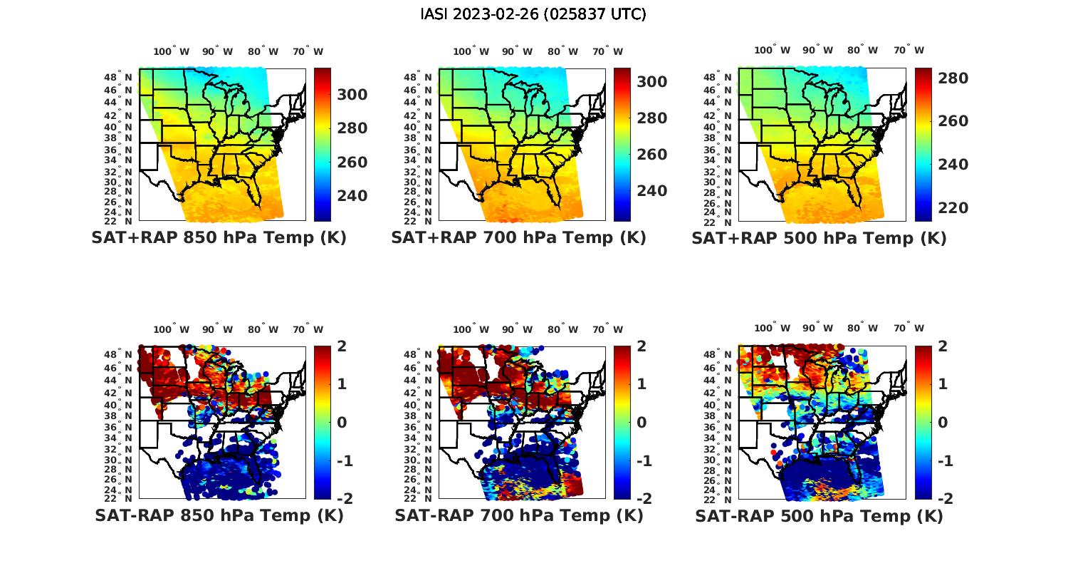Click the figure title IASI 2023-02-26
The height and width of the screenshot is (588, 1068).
(x=533, y=14)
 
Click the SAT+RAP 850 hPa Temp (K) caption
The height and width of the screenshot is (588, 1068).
(x=219, y=238)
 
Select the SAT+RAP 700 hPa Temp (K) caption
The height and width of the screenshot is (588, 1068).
(x=518, y=238)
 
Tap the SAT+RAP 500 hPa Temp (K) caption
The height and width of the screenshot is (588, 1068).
(x=819, y=238)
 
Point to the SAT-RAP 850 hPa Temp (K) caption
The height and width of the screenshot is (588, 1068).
(x=219, y=515)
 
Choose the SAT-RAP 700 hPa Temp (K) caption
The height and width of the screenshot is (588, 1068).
(x=518, y=515)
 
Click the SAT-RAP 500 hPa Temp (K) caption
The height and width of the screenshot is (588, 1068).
(x=819, y=515)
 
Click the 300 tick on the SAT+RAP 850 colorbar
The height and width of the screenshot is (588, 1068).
(x=352, y=95)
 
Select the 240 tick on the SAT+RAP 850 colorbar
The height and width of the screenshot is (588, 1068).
(x=352, y=196)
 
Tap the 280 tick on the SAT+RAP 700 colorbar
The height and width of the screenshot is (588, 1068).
(x=651, y=118)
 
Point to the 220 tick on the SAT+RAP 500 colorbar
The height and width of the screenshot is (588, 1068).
(x=953, y=208)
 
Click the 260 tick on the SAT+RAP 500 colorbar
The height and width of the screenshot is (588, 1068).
(x=953, y=121)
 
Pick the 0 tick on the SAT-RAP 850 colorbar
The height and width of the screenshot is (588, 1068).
(x=341, y=422)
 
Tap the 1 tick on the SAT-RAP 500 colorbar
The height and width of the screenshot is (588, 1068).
(x=943, y=384)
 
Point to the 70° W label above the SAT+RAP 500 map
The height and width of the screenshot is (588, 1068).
(x=909, y=51)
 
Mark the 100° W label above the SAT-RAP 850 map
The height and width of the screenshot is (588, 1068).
(x=172, y=329)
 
